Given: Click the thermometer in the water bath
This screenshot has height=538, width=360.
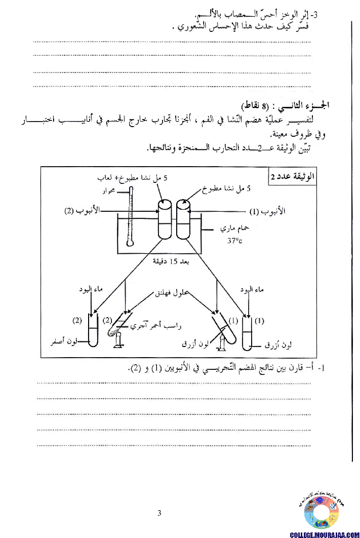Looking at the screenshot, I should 131,215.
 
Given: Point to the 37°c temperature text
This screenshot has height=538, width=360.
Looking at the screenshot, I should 234,241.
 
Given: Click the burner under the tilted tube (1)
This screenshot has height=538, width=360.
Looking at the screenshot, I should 221,343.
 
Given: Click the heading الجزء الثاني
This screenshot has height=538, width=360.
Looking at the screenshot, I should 308,105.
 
